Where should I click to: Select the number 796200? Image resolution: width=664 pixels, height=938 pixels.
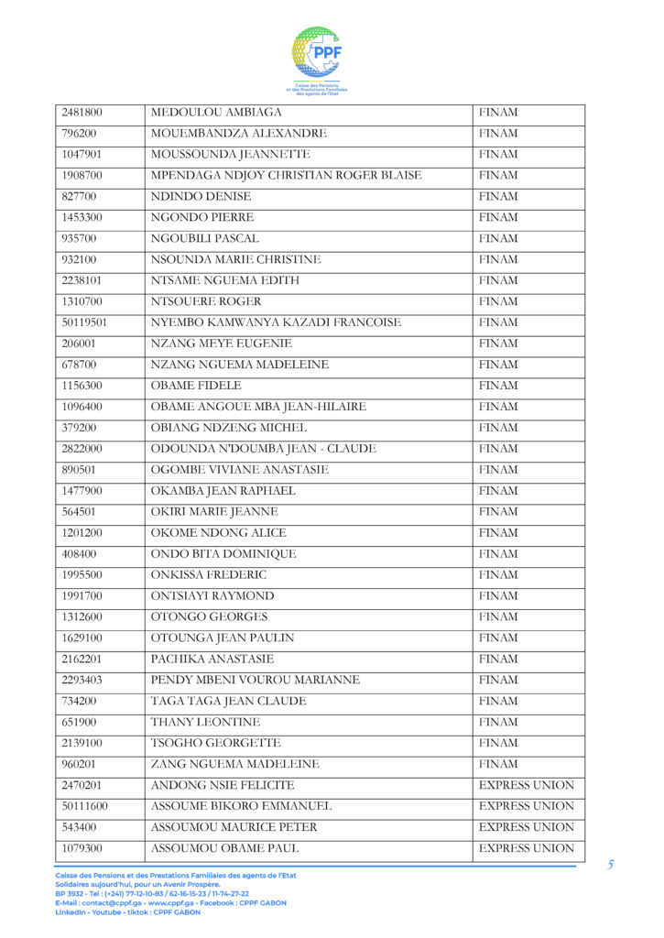pos(82,134)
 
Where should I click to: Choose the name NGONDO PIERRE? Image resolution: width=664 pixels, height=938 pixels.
pos(202,218)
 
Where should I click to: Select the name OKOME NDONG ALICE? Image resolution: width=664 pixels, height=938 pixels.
pos(218,533)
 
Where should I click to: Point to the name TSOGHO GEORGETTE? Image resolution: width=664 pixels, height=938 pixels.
pos(215,743)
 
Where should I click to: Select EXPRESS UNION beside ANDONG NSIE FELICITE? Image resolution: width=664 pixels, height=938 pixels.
pos(527,785)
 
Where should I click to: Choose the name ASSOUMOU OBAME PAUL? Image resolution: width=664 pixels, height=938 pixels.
pos(223,848)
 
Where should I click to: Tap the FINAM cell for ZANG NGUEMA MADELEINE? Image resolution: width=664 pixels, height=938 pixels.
pos(498,764)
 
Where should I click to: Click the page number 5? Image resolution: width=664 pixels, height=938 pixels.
pos(610,864)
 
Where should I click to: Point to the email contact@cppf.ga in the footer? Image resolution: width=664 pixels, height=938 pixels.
pos(96,902)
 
